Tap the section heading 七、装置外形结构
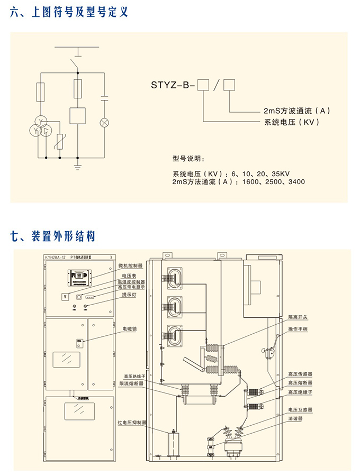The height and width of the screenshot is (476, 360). click(53, 236)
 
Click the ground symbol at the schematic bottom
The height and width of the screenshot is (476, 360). click(78, 168)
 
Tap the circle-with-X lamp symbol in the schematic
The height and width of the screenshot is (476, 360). click(105, 123)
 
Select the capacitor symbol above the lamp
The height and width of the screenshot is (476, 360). click(105, 98)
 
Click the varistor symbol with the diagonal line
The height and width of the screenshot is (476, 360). click(61, 141)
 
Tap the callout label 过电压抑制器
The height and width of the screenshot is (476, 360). click(130, 423)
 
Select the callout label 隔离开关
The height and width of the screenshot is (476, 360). click(297, 317)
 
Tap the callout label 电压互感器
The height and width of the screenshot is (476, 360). click(300, 409)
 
